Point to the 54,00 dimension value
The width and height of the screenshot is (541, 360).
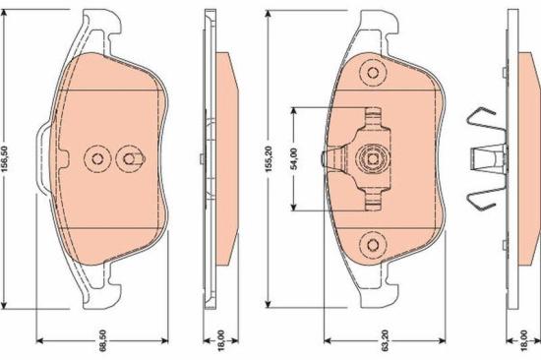click(x=294, y=157)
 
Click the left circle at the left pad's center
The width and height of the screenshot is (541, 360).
click(x=96, y=157)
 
